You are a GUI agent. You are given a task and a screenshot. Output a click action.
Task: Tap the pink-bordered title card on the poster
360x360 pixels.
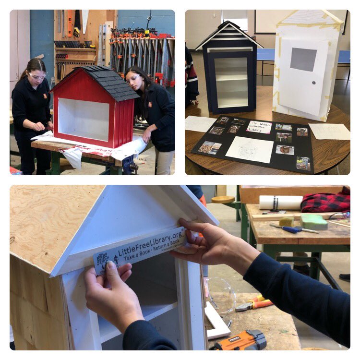[x=259, y=127]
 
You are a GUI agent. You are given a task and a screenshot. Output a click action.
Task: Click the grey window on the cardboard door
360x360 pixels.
[x=303, y=59]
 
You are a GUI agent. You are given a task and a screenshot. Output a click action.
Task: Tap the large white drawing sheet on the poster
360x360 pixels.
[x=250, y=149]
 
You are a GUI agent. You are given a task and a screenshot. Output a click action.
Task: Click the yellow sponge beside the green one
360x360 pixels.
[x=287, y=222]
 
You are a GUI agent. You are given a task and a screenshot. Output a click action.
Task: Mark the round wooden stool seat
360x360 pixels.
[x=223, y=199]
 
